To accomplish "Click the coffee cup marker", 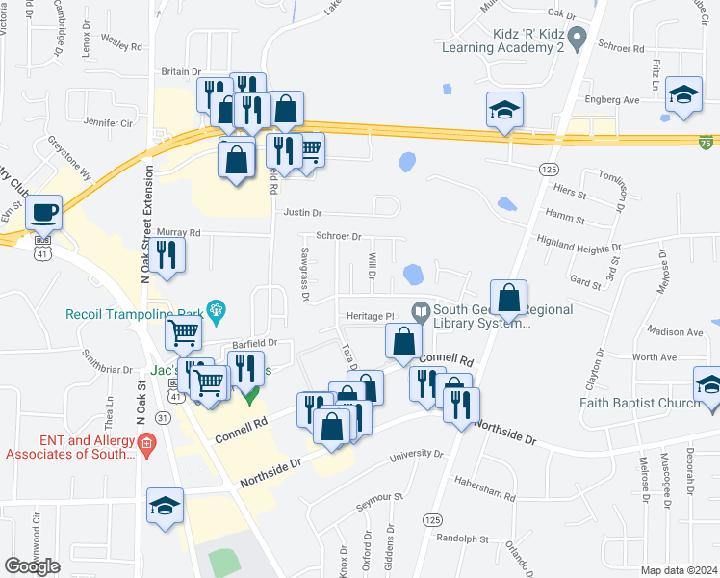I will (44, 211).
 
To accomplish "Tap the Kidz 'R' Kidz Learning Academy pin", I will (578, 39).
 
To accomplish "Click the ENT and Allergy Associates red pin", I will (146, 443).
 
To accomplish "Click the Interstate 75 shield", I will (707, 142).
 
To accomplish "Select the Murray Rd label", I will (180, 232).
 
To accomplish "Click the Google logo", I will (33, 566).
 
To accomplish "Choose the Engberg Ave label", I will (611, 99).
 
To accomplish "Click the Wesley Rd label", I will (121, 45).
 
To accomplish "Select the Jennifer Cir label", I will (108, 122).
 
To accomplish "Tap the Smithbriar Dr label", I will (107, 368).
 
